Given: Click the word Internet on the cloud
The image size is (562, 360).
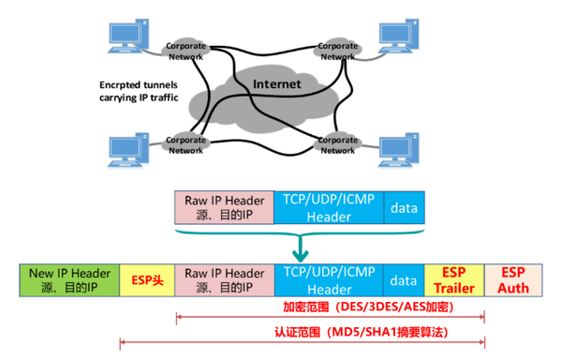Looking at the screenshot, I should pos(277,85).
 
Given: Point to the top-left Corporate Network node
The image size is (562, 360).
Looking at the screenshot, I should pos(185,51).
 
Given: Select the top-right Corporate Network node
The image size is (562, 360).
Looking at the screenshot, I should pos(338,51).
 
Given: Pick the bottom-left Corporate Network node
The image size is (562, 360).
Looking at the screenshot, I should pos(185,144).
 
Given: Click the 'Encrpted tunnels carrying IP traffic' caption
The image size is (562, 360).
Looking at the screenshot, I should pos(140,89).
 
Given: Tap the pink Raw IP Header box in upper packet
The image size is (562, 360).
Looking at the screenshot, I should pos(224,207).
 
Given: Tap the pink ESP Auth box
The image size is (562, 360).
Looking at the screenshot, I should pos(515,279).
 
